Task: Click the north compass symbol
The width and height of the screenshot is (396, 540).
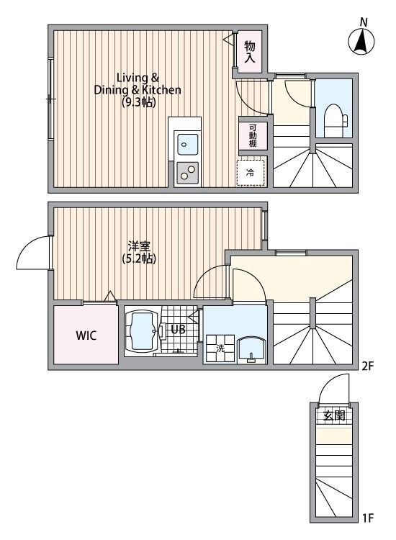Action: [361, 42]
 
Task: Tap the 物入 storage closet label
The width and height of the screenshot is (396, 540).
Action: [250, 52]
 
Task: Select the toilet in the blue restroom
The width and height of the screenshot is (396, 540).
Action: [333, 120]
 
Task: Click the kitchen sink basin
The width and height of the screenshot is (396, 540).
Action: [186, 145]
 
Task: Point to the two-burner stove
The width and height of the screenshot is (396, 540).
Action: [187, 172]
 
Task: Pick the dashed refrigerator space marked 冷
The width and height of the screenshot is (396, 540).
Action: [251, 173]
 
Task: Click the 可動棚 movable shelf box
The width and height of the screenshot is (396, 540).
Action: [253, 135]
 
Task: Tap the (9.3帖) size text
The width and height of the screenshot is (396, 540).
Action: [139, 102]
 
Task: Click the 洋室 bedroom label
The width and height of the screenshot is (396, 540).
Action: [139, 246]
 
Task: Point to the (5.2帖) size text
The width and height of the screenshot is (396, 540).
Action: [139, 258]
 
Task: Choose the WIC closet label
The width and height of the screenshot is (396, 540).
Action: [86, 335]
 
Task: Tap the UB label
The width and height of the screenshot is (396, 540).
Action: [178, 330]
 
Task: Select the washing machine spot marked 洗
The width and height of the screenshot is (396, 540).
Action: [220, 348]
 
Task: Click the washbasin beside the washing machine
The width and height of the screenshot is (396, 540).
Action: [251, 350]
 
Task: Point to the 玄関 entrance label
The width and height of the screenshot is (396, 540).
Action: [334, 415]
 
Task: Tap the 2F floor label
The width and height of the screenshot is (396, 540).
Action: [367, 366]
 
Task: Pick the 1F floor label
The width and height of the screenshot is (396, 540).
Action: [367, 527]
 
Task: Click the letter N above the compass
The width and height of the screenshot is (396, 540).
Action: [364, 22]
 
